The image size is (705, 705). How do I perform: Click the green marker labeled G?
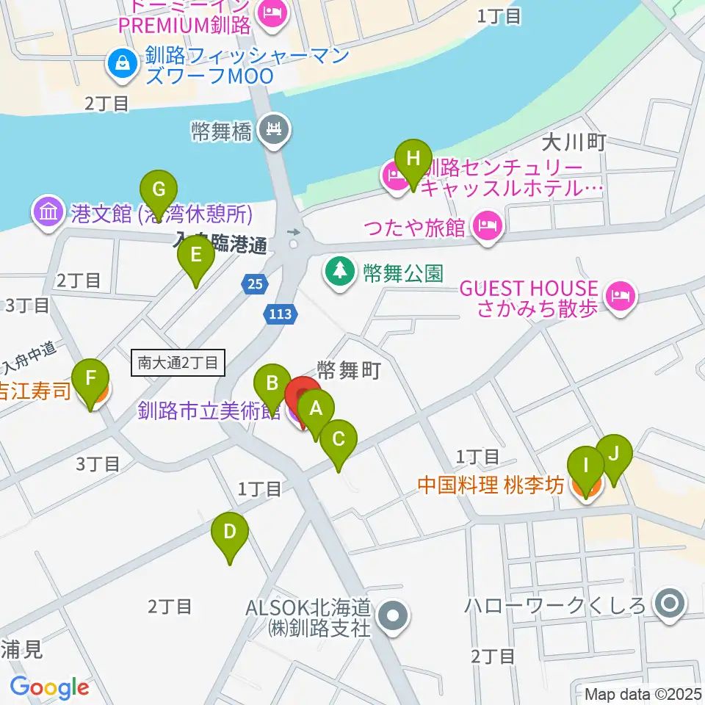[159, 189]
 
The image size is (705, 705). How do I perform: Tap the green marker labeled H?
[413, 159]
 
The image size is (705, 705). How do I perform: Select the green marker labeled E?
[196, 256]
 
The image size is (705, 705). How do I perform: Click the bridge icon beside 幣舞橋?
[276, 130]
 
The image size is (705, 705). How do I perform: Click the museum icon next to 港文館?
[48, 213]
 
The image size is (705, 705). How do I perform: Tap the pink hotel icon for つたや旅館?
[487, 223]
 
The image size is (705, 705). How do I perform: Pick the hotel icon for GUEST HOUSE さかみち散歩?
[621, 296]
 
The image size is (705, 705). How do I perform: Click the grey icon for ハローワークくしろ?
[669, 604]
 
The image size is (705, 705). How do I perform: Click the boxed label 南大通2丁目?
[178, 362]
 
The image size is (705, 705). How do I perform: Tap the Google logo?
[48, 687]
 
